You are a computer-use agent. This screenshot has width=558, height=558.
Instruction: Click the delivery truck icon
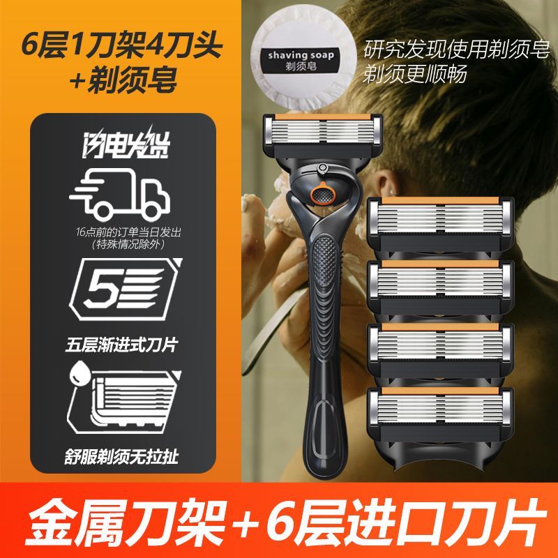pos(120,194)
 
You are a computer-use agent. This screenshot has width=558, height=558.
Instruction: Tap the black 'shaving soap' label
pos(301,59)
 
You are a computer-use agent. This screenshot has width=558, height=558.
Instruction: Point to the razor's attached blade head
pos(323,135)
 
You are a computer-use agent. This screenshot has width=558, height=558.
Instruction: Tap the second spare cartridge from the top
pos(441,287)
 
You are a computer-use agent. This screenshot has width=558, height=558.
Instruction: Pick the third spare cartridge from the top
pos(441,352)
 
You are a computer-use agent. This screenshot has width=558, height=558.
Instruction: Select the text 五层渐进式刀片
pos(121,345)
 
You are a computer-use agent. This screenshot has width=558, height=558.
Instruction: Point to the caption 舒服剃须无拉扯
pos(121,456)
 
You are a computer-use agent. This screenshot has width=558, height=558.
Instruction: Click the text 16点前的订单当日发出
pos(128,232)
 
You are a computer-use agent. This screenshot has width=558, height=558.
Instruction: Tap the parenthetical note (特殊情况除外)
pos(128,245)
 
